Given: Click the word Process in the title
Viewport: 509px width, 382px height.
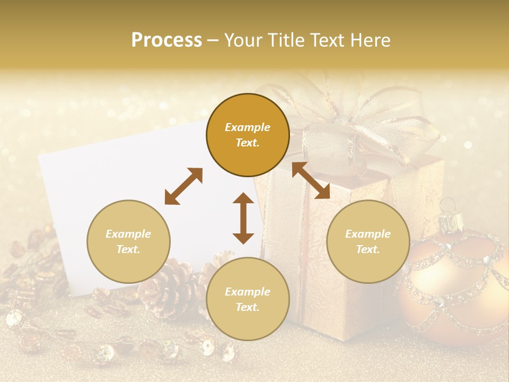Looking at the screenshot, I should pyautogui.click(x=166, y=40).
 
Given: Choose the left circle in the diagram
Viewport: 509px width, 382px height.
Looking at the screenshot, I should pyautogui.click(x=128, y=241).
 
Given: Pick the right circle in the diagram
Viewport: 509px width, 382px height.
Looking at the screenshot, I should pyautogui.click(x=368, y=241).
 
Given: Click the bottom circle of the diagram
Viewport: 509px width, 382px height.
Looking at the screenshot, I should pyautogui.click(x=248, y=299).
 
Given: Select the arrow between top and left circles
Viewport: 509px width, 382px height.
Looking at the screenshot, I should pyautogui.click(x=183, y=186).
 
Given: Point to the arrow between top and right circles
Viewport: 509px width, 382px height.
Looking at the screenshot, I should pyautogui.click(x=311, y=180).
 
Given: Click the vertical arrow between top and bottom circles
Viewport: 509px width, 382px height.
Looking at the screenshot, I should pyautogui.click(x=243, y=218).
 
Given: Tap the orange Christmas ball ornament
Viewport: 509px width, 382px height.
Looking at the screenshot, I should pyautogui.click(x=456, y=286).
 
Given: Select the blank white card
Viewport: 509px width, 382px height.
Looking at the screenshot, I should pyautogui.click(x=133, y=180).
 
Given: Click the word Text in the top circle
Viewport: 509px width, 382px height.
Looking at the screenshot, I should pyautogui.click(x=247, y=143).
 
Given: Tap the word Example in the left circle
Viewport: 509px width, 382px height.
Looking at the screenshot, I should pyautogui.click(x=128, y=234).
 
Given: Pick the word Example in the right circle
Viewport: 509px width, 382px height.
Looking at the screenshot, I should pyautogui.click(x=368, y=234).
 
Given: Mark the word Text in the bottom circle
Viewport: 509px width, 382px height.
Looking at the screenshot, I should pyautogui.click(x=247, y=307).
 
